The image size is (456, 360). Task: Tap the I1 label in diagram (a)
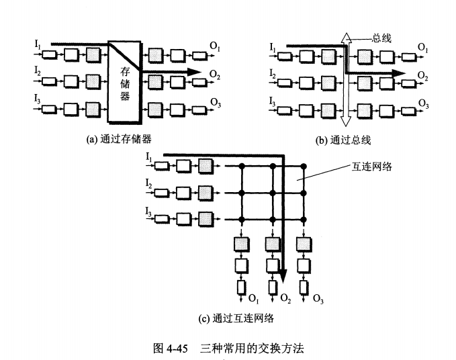point(38,44)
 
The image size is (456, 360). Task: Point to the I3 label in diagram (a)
point(38,99)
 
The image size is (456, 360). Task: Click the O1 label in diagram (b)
point(423,46)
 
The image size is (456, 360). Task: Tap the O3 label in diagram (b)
point(423,103)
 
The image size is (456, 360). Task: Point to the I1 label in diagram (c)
point(149,156)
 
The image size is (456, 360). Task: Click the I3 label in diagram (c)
point(149,212)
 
